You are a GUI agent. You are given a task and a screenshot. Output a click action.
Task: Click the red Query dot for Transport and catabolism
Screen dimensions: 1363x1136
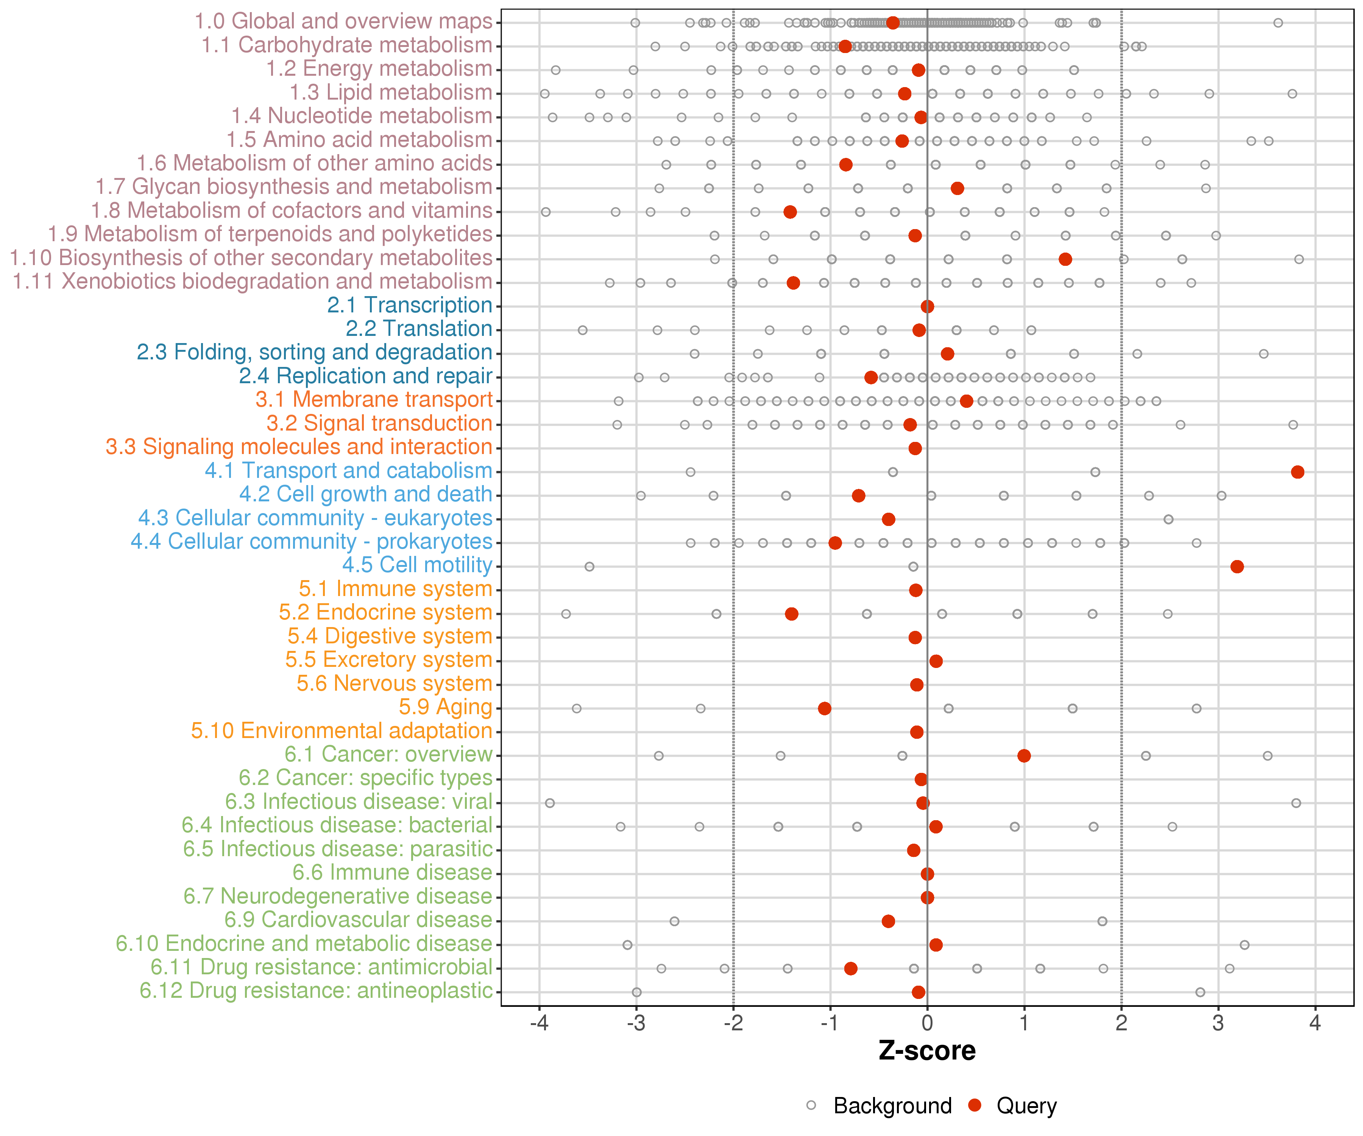pos(1298,472)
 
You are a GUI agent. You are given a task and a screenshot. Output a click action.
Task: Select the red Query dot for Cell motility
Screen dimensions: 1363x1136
pos(1237,567)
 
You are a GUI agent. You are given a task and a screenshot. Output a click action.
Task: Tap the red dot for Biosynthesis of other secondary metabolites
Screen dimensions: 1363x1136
pos(1065,259)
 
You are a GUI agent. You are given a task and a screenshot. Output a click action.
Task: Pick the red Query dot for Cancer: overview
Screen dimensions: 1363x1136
pos(1024,755)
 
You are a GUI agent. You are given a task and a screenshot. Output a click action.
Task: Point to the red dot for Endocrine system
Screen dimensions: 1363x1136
pos(791,614)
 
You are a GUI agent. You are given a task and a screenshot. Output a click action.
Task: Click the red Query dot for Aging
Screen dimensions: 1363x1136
pos(824,708)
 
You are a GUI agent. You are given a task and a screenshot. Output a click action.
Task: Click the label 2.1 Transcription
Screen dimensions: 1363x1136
pos(410,305)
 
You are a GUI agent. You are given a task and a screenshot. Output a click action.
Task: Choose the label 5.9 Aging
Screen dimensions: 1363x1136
pos(445,707)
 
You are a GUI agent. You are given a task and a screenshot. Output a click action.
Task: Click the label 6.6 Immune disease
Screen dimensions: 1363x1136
pos(392,872)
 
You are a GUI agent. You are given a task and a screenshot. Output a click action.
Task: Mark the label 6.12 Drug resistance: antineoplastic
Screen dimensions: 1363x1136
pos(316,991)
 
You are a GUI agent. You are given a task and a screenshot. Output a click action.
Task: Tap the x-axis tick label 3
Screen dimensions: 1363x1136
pos(1218,1023)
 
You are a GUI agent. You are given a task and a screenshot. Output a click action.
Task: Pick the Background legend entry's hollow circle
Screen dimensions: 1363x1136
pos(811,1105)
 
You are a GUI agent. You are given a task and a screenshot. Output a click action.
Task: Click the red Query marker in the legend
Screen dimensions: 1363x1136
pos(974,1105)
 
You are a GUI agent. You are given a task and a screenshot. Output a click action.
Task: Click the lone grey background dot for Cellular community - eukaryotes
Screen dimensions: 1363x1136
pos(1168,519)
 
